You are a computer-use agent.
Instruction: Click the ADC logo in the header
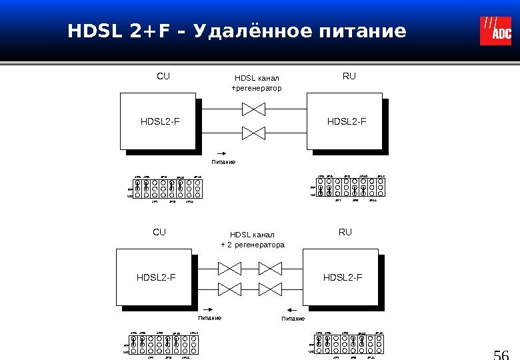point(495,31)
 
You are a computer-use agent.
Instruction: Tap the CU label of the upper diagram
point(163,77)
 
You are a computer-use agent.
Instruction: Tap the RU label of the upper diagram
point(349,77)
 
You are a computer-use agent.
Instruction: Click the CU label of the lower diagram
point(159,233)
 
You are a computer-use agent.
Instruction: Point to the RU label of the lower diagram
point(345,233)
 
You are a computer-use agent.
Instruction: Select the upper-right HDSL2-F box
point(343,121)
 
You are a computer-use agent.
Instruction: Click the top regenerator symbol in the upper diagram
point(253,108)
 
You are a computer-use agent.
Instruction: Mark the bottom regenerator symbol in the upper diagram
point(253,132)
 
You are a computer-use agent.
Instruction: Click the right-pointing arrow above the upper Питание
point(223,153)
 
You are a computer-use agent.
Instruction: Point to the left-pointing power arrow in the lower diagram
point(293,310)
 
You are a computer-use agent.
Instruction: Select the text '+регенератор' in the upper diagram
point(257,88)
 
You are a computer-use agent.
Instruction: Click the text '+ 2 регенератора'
point(253,245)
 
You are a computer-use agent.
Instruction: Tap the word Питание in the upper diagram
point(223,162)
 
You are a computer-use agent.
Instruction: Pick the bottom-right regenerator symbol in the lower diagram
point(271,289)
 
